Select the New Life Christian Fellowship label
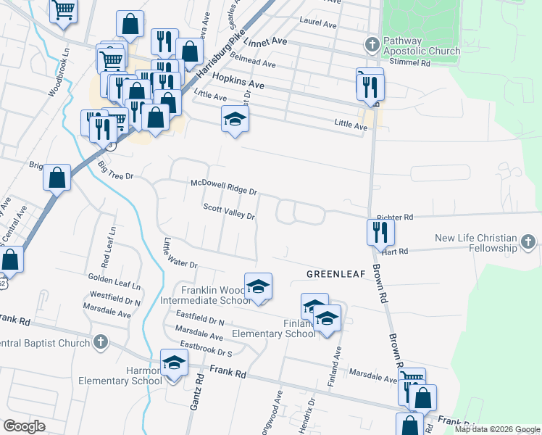coord(476,243)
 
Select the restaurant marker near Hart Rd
coord(380,231)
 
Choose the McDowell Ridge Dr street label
coord(224,187)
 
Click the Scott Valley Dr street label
coord(229,211)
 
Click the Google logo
coord(24,426)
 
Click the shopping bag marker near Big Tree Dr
coord(57,177)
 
